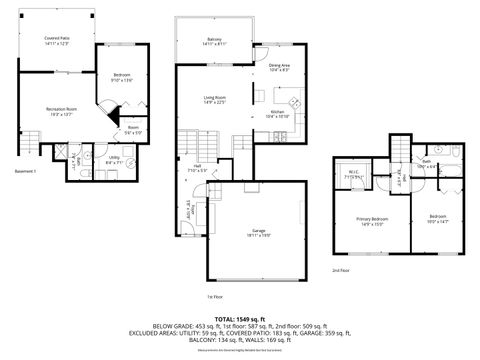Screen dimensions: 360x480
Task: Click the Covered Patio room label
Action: (55, 40)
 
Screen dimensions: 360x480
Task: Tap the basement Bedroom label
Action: (122, 76)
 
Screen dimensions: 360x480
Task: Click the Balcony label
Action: (214, 41)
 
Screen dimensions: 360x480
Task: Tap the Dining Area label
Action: (279, 68)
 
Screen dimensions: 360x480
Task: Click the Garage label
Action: (259, 233)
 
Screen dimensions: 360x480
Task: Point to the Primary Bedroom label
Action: (373, 221)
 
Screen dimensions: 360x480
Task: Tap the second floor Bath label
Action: (425, 163)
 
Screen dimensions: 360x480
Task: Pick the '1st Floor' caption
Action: (214, 297)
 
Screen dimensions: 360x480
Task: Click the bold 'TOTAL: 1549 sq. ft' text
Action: (239, 318)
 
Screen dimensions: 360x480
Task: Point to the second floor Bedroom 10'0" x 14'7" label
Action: (438, 219)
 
